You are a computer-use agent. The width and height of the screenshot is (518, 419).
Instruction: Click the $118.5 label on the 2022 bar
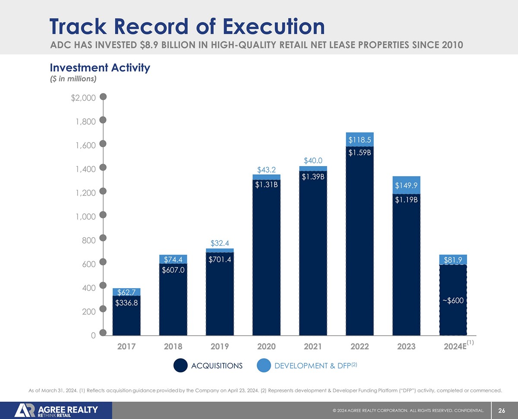pos(360,140)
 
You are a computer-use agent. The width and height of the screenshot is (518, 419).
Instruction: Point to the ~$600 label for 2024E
pos(453,300)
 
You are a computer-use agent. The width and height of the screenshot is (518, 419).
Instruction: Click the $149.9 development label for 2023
pos(406,186)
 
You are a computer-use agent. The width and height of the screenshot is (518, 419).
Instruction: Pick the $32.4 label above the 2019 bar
pos(220,244)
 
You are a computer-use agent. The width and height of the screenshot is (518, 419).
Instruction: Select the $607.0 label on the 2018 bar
pos(173,270)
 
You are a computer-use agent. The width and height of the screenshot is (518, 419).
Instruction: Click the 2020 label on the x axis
pos(266,346)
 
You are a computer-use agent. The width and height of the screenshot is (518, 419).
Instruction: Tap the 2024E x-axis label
pos(453,346)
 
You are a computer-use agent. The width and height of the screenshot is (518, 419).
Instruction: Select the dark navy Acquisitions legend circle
pos(180,365)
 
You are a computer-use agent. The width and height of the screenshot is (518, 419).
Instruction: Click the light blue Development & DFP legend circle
pos(263,365)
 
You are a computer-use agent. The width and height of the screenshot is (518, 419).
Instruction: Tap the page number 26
pos(502,410)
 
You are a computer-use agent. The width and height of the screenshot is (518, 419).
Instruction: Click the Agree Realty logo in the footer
pos(56,410)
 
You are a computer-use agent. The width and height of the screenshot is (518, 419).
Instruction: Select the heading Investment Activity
pos(100,68)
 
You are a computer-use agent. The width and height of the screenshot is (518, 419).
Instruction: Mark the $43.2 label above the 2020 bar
pos(266,169)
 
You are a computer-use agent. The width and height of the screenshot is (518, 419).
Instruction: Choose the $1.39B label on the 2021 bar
pos(313,176)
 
